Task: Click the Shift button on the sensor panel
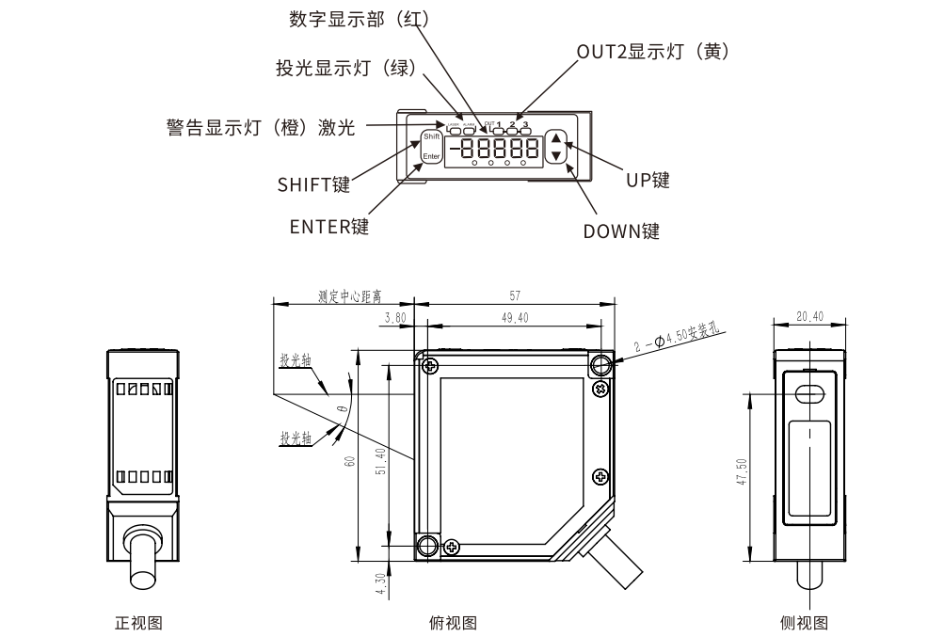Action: click(431, 137)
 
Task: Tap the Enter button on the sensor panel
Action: click(431, 156)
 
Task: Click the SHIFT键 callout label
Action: click(313, 184)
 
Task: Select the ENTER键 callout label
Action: click(328, 227)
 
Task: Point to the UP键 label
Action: click(648, 180)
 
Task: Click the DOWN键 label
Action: click(621, 231)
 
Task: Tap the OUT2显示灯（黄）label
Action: click(653, 53)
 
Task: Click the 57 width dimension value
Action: click(515, 295)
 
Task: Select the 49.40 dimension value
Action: click(515, 318)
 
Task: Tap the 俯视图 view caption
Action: click(453, 622)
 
